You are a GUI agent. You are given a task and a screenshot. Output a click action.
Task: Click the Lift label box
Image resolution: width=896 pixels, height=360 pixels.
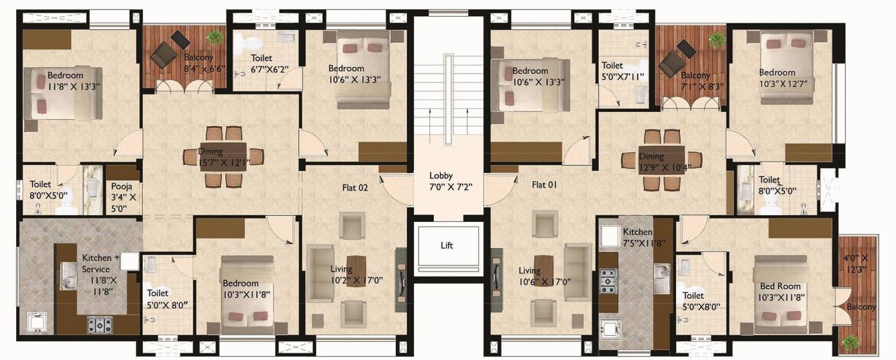[447, 245]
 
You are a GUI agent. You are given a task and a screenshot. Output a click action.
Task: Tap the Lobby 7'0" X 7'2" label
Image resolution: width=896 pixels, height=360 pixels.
[447, 182]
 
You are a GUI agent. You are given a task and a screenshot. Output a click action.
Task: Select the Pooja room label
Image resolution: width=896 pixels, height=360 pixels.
[123, 197]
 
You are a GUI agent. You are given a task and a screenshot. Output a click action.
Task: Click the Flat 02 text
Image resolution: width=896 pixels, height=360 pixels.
[355, 188]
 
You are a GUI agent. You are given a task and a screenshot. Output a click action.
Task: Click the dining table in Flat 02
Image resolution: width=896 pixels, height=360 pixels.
[223, 156]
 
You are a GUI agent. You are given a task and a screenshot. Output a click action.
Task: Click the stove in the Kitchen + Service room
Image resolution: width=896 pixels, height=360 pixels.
[101, 325]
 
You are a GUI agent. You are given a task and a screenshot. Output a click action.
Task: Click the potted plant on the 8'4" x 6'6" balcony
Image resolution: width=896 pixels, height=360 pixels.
[215, 38]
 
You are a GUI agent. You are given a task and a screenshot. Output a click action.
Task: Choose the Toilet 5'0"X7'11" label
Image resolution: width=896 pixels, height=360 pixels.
[622, 71]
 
